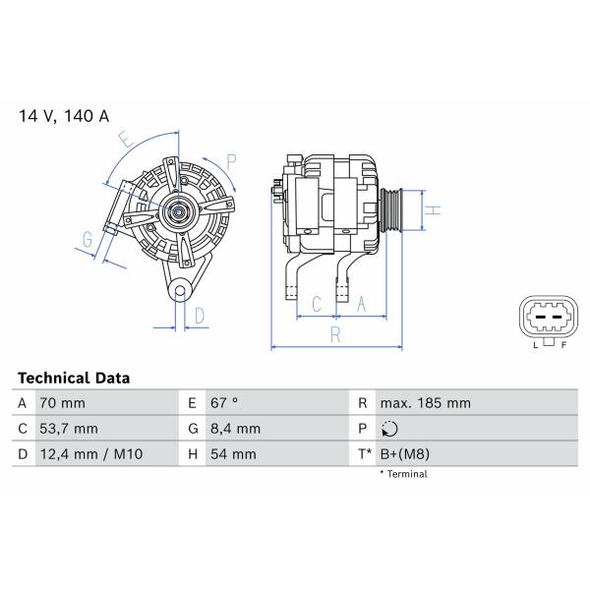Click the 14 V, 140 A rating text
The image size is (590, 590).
[64, 116]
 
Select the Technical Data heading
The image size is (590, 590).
[74, 378]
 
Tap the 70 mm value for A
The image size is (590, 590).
[63, 403]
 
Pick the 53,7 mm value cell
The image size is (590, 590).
[69, 429]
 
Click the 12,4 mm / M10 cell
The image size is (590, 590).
[91, 454]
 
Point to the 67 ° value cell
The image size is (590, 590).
[224, 403]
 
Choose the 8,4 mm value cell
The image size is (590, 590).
[235, 429]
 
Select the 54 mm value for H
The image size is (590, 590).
[233, 454]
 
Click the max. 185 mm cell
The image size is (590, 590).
[425, 403]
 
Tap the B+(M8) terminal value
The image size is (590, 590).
[405, 454]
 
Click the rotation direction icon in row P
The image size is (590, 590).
[389, 429]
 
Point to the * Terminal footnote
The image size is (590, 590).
[403, 474]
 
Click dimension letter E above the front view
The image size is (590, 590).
[126, 140]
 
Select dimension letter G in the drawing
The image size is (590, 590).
[88, 239]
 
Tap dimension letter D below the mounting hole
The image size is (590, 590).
[200, 316]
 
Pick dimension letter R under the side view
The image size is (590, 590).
[335, 334]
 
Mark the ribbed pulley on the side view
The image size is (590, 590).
[391, 210]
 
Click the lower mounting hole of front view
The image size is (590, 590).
[181, 290]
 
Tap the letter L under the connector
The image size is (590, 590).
[536, 345]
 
